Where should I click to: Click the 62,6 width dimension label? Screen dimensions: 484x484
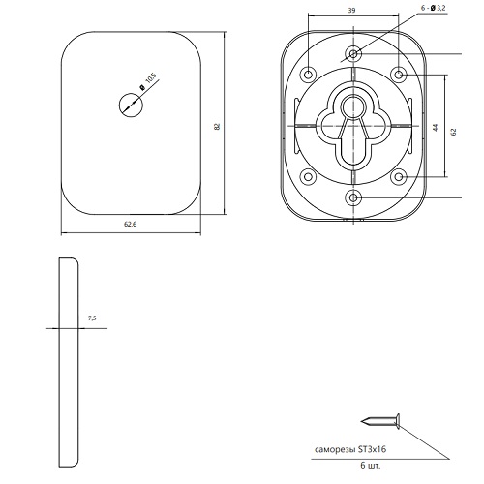point(131,224)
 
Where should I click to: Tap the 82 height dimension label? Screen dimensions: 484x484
point(217,126)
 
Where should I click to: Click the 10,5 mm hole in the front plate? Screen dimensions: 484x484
point(131,105)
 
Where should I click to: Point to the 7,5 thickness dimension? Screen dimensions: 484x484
point(92,318)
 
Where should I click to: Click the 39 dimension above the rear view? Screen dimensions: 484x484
point(351,11)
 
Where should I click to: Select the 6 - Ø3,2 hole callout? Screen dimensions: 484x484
point(434,8)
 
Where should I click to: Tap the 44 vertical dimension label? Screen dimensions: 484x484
point(436,128)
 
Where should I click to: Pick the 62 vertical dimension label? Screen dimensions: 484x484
point(454,132)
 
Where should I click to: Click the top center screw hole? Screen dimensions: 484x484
point(353,53)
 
